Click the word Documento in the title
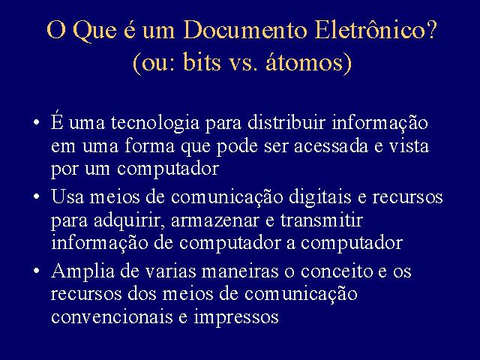245,30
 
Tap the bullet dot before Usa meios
37,196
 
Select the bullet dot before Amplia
37,271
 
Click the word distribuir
286,122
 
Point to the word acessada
331,145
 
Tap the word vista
409,145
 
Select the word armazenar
215,220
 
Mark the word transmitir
322,220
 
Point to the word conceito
337,271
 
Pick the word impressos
236,318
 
